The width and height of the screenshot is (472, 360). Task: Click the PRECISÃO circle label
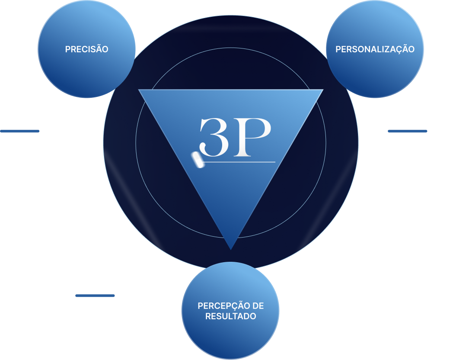pyautogui.click(x=86, y=49)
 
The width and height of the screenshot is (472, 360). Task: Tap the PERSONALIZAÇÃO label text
pyautogui.click(x=375, y=49)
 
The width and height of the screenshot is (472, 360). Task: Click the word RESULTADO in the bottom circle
pyautogui.click(x=230, y=316)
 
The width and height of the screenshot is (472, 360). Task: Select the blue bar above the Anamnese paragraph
pyautogui.click(x=20, y=131)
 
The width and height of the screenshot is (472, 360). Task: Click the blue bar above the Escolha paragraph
pyautogui.click(x=407, y=131)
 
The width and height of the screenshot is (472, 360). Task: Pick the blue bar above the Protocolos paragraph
pyautogui.click(x=95, y=296)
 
